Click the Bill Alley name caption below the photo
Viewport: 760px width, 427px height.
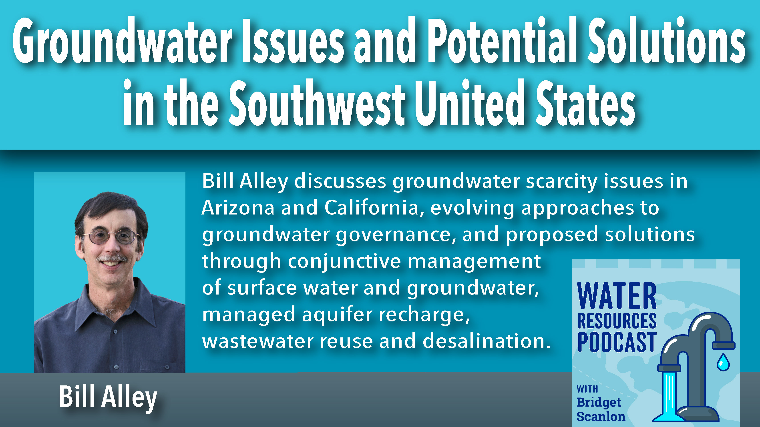(108, 397)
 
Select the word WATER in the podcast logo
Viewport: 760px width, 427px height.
(617, 296)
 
